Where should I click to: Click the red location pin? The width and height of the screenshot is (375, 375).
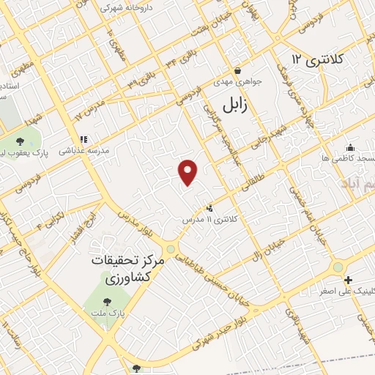point(188,172)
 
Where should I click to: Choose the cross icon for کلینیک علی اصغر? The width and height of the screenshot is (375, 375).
point(349,280)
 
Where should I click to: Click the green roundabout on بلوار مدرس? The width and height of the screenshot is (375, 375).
point(171,249)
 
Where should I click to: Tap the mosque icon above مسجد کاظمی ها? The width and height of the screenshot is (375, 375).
point(350,146)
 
